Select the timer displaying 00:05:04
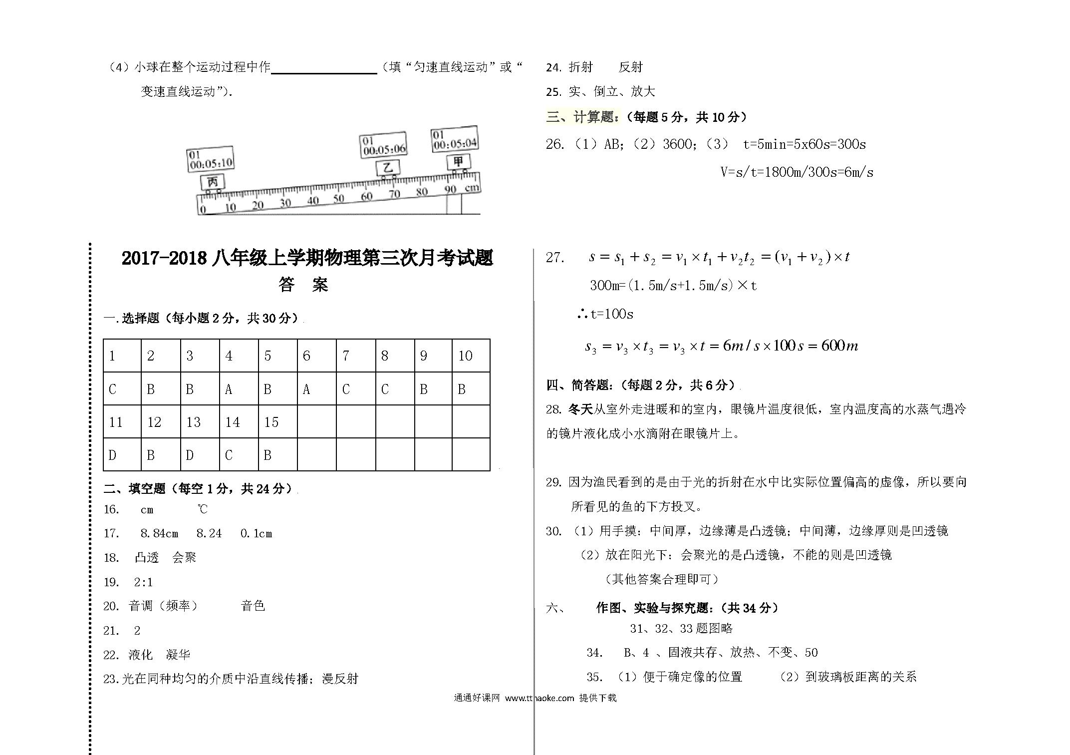pyautogui.click(x=455, y=140)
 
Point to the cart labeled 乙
pyautogui.click(x=387, y=168)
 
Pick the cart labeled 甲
pyautogui.click(x=458, y=162)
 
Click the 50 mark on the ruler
pyautogui.click(x=339, y=199)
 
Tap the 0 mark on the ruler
pyautogui.click(x=203, y=210)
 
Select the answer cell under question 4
pyautogui.click(x=239, y=389)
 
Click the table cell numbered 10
pyautogui.click(x=471, y=356)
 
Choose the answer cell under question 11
pyautogui.click(x=122, y=455)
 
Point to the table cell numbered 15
pyautogui.click(x=277, y=422)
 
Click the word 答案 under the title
pyautogui.click(x=303, y=285)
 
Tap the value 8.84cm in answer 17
pyautogui.click(x=159, y=533)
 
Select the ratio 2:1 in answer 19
pyautogui.click(x=143, y=582)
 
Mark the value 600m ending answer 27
pyautogui.click(x=839, y=346)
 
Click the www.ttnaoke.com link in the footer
pyautogui.click(x=539, y=698)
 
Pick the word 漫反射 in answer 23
pyautogui.click(x=340, y=679)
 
